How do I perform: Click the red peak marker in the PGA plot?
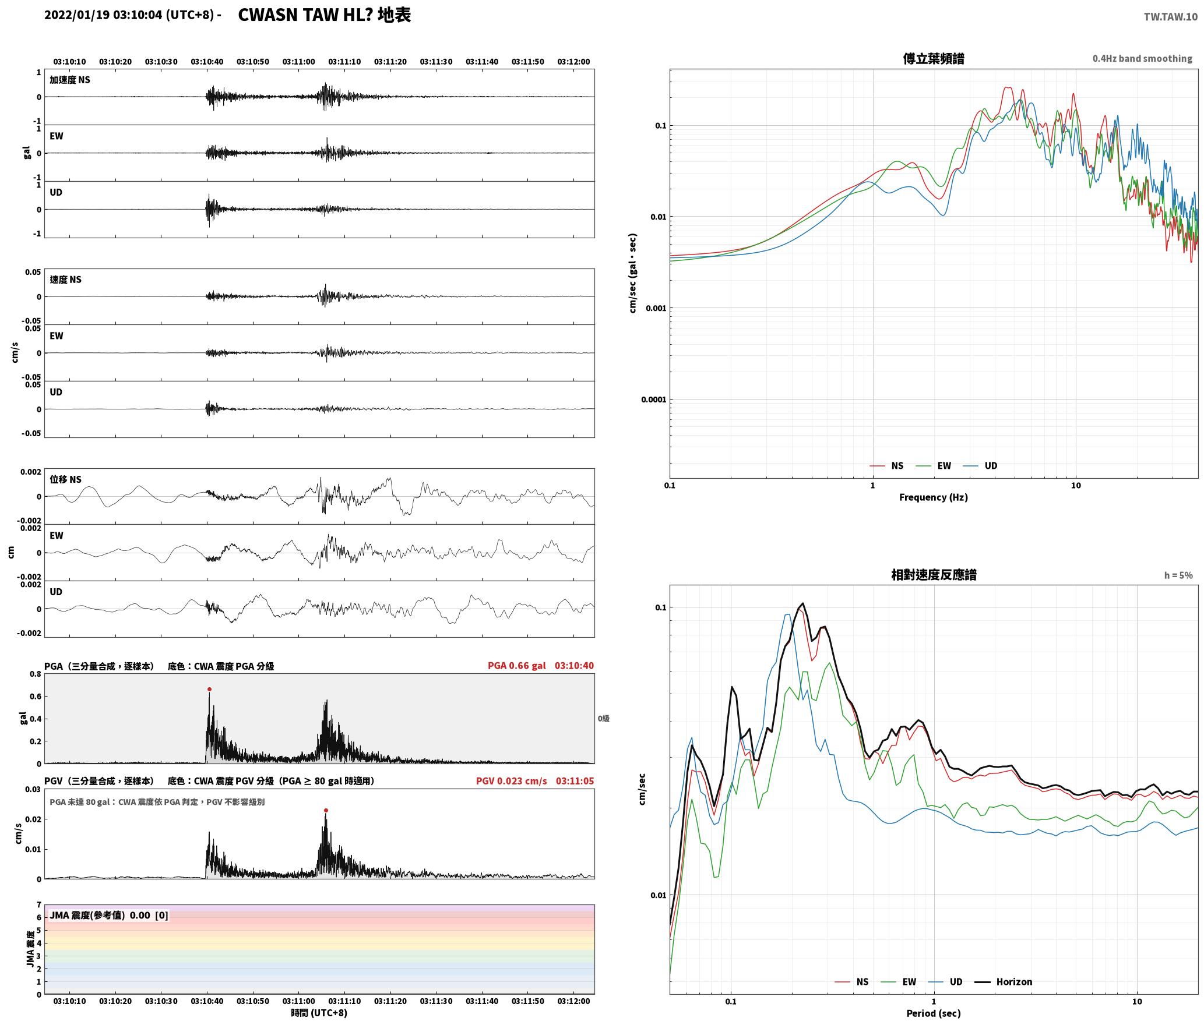pyautogui.click(x=209, y=689)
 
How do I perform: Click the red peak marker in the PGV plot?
pyautogui.click(x=326, y=810)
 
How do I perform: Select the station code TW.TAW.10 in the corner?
pyautogui.click(x=1171, y=17)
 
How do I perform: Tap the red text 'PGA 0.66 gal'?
pyautogui.click(x=517, y=666)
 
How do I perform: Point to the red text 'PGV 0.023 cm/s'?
pyautogui.click(x=511, y=781)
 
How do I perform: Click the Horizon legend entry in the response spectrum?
pyautogui.click(x=1004, y=982)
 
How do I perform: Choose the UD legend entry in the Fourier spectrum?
pyautogui.click(x=980, y=466)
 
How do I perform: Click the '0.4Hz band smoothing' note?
pyautogui.click(x=1142, y=59)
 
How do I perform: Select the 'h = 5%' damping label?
pyautogui.click(x=1178, y=575)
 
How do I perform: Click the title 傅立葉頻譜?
pyautogui.click(x=934, y=58)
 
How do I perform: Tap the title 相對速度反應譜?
pyautogui.click(x=934, y=575)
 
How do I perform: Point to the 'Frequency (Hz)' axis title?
pyautogui.click(x=934, y=497)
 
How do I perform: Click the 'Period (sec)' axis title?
pyautogui.click(x=934, y=1013)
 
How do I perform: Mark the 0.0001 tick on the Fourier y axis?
pyautogui.click(x=653, y=400)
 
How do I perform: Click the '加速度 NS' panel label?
pyautogui.click(x=70, y=80)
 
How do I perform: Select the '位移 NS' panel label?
pyautogui.click(x=65, y=479)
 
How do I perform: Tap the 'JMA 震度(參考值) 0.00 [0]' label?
pyautogui.click(x=109, y=915)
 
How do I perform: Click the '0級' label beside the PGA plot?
pyautogui.click(x=603, y=719)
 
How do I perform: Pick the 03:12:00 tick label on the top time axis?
pyautogui.click(x=573, y=62)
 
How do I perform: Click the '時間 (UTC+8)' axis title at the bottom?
pyautogui.click(x=319, y=1013)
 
